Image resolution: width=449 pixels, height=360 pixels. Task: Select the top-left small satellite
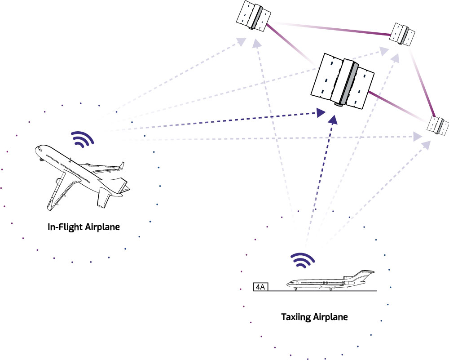click(254, 17)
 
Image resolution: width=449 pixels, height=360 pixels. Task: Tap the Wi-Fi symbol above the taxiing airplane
click(303, 260)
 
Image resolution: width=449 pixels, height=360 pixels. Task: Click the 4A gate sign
click(260, 287)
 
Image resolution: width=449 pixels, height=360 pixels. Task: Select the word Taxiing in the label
click(295, 317)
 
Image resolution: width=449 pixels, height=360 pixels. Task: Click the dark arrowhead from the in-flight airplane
click(320, 112)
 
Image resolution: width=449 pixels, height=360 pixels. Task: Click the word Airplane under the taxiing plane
click(331, 317)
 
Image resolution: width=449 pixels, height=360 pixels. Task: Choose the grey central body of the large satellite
click(348, 81)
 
